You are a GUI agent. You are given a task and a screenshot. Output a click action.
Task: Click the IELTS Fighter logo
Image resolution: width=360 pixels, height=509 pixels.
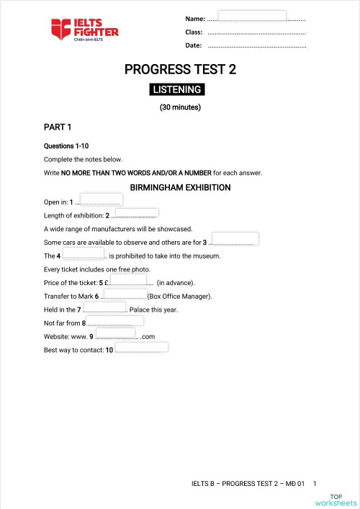[84, 30]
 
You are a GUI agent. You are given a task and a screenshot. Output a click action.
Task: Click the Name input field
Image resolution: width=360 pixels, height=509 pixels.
[252, 16]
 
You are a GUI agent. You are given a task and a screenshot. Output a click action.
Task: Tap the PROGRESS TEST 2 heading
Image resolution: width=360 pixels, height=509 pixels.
[180, 70]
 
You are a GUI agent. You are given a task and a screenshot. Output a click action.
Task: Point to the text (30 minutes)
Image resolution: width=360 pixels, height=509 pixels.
[180, 108]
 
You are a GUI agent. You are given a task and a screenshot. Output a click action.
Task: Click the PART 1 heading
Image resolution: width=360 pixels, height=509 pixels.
[58, 127]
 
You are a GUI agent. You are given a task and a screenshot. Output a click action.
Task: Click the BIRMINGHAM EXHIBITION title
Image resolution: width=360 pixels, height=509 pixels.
[180, 188]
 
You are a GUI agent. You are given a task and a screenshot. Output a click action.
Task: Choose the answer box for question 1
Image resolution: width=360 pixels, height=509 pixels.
[102, 199]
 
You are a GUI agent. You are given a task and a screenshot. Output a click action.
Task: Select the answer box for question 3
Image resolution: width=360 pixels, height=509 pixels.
[235, 238]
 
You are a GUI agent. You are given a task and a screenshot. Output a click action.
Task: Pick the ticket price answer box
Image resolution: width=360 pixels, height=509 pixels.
[128, 279]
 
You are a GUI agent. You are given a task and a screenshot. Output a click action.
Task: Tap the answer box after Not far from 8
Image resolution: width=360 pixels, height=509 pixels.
[115, 320]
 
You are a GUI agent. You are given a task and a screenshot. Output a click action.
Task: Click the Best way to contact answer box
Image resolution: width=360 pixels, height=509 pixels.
[142, 347]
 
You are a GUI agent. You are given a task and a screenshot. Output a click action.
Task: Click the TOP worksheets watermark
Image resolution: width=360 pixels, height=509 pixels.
[343, 499]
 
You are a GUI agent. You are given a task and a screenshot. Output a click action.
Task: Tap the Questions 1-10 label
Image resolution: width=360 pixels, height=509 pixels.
[66, 146]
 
